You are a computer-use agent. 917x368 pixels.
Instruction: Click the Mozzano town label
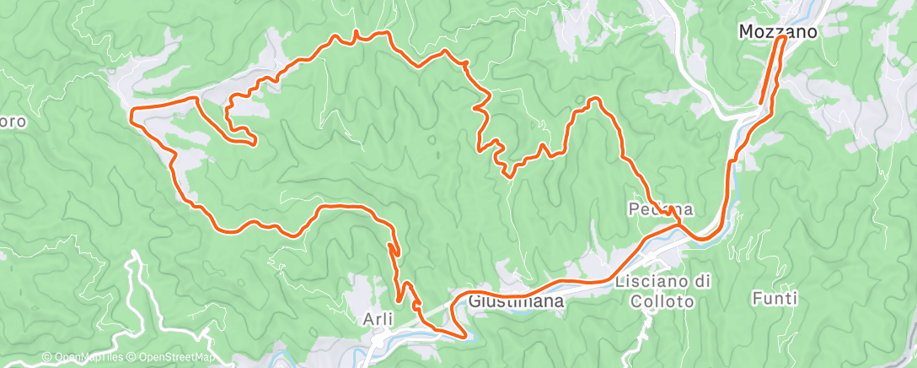tap(778, 32)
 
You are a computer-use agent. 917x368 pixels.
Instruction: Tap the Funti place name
tap(776, 298)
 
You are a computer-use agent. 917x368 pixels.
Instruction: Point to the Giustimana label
tap(505, 300)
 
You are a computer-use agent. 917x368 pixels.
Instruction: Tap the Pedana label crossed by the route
tap(661, 208)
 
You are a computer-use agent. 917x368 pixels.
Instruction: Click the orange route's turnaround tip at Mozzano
tap(784, 38)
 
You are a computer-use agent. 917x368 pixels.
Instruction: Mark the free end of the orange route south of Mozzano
tap(762, 103)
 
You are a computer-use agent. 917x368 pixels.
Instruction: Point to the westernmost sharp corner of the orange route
tap(131, 111)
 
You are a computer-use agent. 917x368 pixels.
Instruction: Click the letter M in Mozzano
tap(746, 32)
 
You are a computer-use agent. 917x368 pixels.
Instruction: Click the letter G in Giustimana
tap(473, 300)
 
